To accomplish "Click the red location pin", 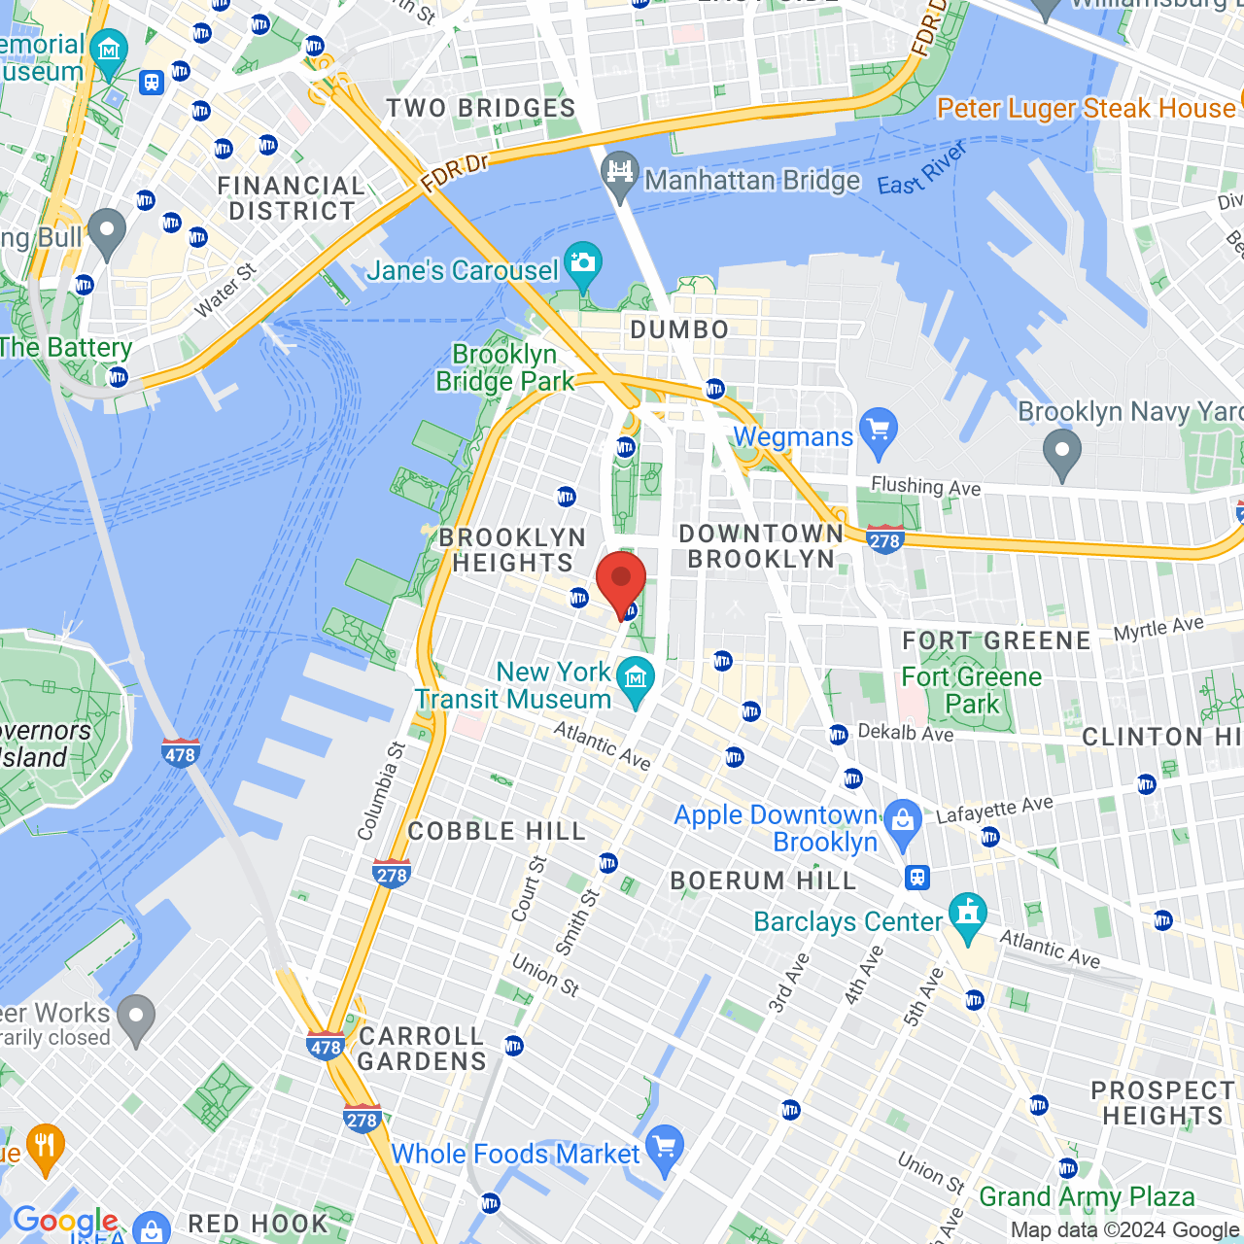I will (x=621, y=580).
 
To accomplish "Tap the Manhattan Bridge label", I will (x=751, y=181).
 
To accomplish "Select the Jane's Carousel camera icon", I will (x=583, y=263).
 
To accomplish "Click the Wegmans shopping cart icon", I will (x=879, y=430).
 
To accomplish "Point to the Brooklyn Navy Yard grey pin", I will (x=1061, y=452).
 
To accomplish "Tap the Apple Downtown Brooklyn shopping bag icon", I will (x=903, y=821).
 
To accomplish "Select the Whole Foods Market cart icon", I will (x=665, y=1148).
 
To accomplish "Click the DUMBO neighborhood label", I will (x=679, y=330).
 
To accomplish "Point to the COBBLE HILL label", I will (x=497, y=832).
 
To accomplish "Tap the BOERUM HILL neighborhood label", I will (x=763, y=881).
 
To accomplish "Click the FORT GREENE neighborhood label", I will (x=996, y=641).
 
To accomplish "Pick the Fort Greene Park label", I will (x=971, y=690).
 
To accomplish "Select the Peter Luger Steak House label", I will (x=1086, y=109).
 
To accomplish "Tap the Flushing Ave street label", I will (x=925, y=486).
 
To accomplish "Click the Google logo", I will (x=65, y=1221).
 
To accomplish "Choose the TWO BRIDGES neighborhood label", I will (x=481, y=109).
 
